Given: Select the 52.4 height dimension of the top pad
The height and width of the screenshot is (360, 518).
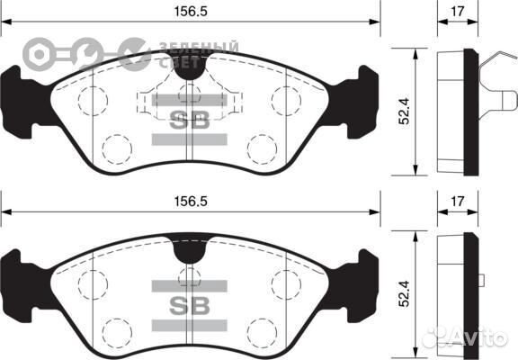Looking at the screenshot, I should (406, 111).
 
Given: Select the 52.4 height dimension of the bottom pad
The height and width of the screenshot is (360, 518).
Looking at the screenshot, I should (406, 295).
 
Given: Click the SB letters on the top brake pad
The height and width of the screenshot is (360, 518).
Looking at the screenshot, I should (190, 121).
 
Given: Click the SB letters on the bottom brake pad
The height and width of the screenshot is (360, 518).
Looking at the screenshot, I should (190, 303).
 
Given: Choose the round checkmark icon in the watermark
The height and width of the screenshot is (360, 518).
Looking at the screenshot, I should (134, 52).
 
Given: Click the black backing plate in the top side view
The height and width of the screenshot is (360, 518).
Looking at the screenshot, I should (470, 112).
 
